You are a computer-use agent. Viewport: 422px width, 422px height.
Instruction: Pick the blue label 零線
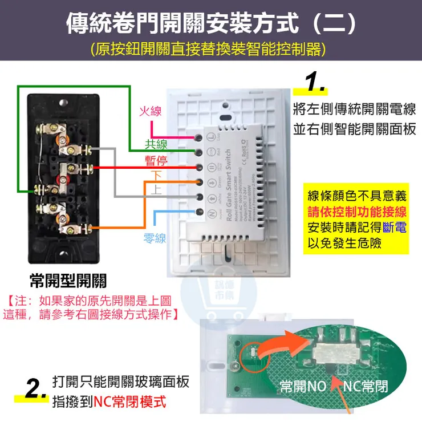tap(155, 238)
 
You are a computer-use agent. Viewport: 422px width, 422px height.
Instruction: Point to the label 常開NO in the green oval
tap(303, 387)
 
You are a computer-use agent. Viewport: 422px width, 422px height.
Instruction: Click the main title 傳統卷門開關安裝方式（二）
tap(210, 22)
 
